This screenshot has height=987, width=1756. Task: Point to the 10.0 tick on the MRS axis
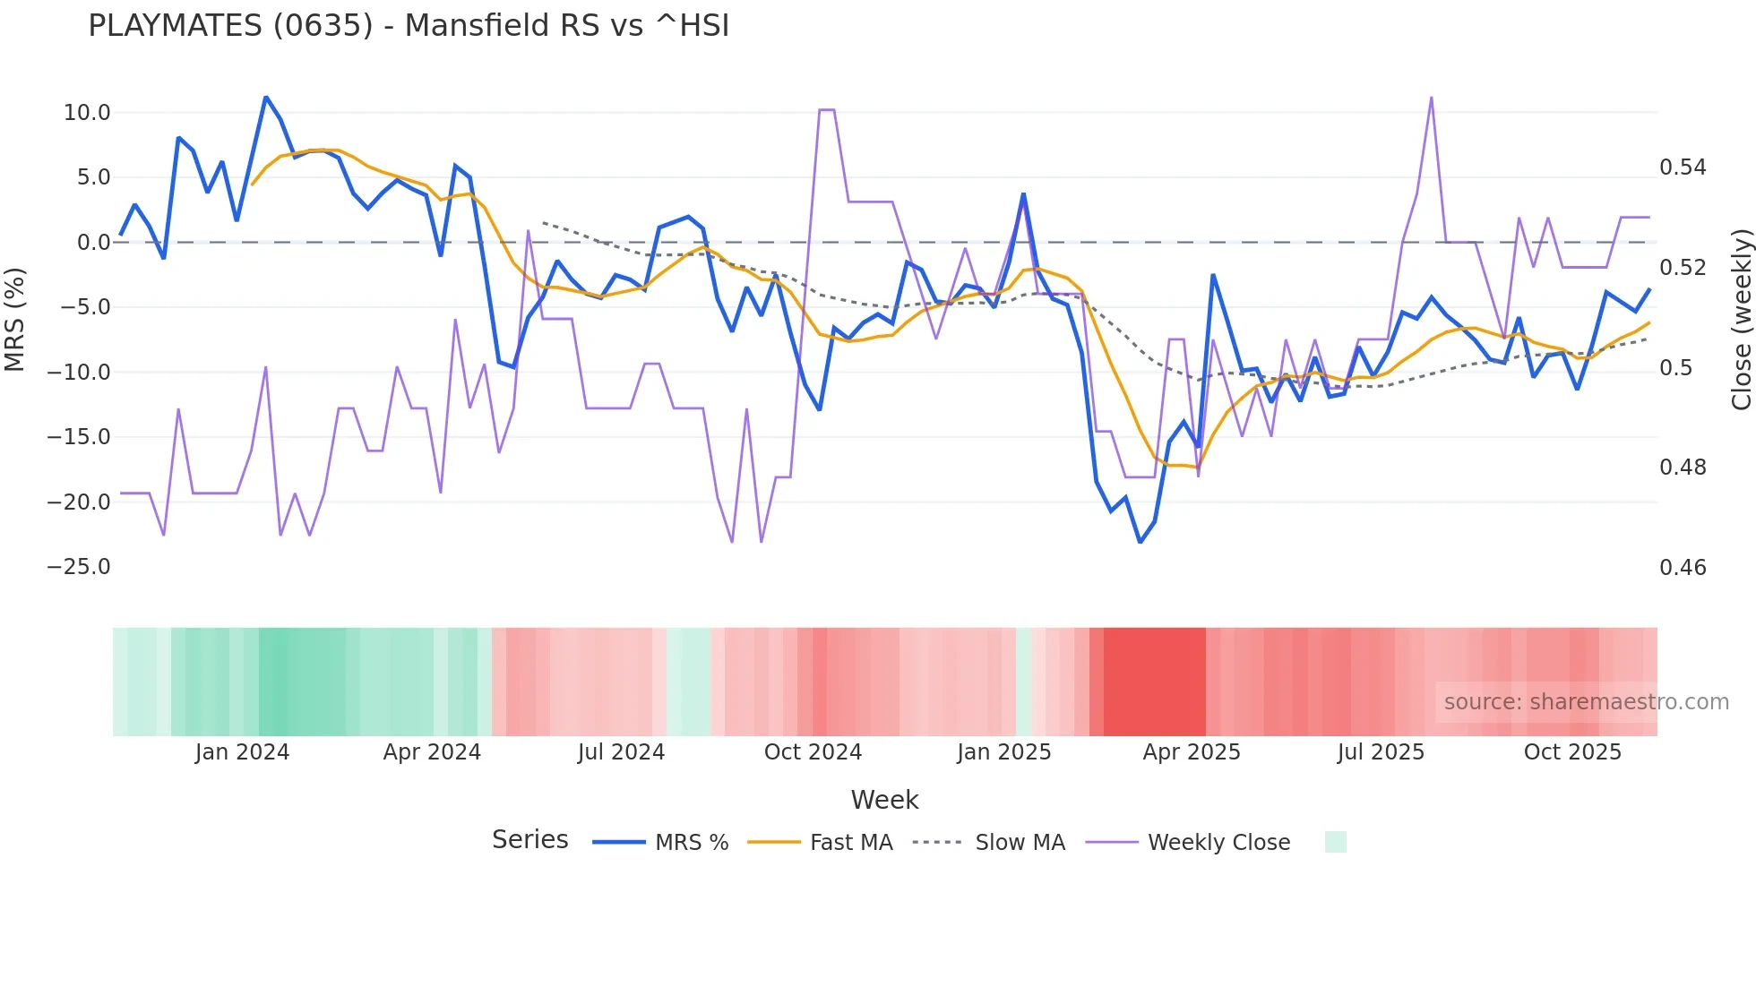[x=87, y=113]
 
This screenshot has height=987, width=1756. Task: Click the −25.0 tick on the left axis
[x=79, y=567]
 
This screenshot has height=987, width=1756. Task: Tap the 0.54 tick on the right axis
[x=1683, y=167]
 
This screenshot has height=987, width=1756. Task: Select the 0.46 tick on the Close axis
[x=1683, y=567]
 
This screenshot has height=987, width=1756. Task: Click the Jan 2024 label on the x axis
[x=242, y=752]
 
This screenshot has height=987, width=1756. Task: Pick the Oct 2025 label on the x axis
[x=1572, y=752]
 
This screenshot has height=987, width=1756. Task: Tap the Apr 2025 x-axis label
[x=1191, y=752]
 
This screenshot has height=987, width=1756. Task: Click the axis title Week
[x=884, y=800]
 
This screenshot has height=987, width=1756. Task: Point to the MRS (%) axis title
[x=15, y=319]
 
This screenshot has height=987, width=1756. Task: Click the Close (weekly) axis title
[x=1741, y=319]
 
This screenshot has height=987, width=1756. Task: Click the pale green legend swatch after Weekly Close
[x=1335, y=842]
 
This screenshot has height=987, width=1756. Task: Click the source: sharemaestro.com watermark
[x=1586, y=702]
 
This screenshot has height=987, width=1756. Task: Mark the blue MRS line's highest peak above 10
[x=266, y=97]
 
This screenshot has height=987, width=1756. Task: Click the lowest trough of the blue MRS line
[x=1140, y=542]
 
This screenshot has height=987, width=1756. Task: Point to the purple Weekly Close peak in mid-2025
[x=1431, y=97]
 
